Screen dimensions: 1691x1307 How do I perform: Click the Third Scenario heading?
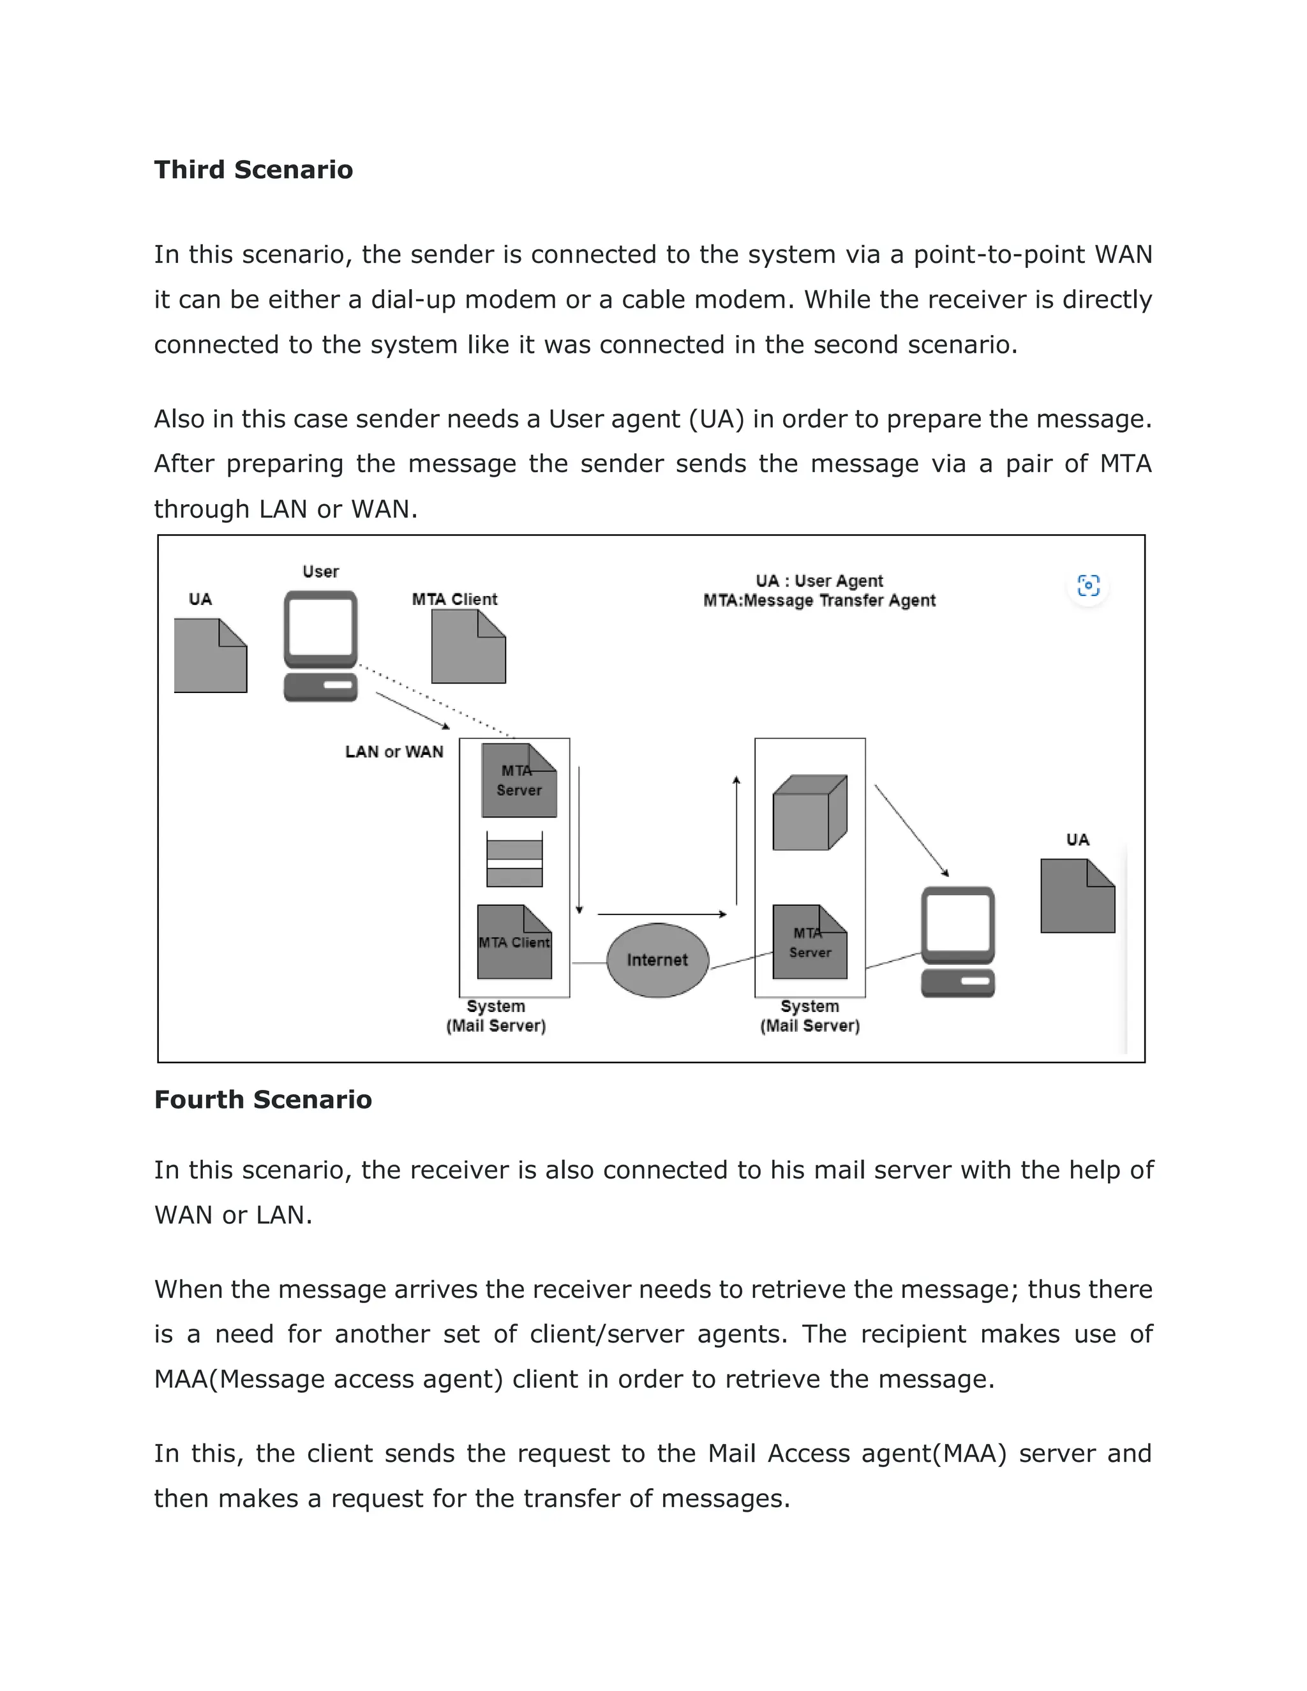(x=253, y=170)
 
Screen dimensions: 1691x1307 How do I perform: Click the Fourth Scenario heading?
(x=262, y=1099)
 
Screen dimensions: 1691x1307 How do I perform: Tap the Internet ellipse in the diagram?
(x=657, y=960)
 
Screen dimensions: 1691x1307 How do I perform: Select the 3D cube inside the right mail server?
(x=809, y=813)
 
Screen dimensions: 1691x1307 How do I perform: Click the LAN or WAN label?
(x=394, y=752)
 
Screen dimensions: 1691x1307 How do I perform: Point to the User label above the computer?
(x=320, y=571)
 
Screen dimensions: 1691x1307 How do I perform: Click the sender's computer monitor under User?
(x=320, y=629)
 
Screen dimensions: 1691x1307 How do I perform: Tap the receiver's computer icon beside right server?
(x=958, y=941)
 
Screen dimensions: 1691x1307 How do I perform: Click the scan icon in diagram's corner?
(x=1088, y=585)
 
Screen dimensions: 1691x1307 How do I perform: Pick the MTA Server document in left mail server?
(x=519, y=780)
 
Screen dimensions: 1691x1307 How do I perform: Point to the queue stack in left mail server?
(x=514, y=860)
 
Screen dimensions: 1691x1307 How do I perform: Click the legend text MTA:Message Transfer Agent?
(x=819, y=601)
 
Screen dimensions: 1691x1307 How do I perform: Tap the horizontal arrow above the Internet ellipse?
(x=662, y=914)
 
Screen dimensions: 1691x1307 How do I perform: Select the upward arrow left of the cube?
(x=736, y=840)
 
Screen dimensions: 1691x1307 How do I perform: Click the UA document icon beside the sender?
(x=210, y=655)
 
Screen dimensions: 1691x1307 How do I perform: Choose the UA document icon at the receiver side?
(x=1077, y=896)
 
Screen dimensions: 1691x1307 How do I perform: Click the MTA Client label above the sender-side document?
(x=454, y=599)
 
